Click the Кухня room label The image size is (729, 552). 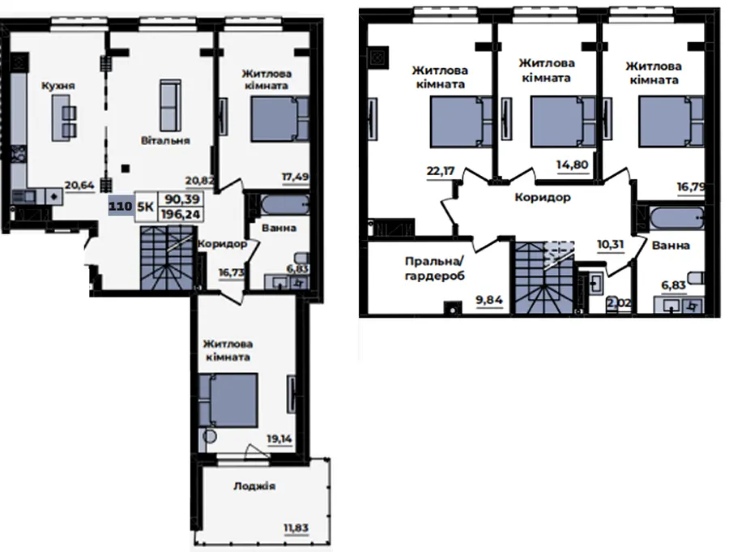[x=58, y=86]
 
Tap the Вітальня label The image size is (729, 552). [x=165, y=140]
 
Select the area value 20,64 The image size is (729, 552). [x=79, y=186]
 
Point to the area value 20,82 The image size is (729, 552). [x=199, y=181]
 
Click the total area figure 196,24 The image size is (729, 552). [x=181, y=214]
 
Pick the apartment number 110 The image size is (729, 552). [x=121, y=206]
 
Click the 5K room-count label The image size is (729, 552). [x=145, y=206]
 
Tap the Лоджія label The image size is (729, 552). [x=254, y=486]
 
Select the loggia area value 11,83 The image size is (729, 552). [x=296, y=528]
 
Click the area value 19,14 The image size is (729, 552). [x=279, y=439]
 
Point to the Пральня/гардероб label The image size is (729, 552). [x=435, y=268]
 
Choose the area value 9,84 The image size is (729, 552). [x=489, y=300]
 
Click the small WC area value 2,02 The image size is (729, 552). [x=620, y=303]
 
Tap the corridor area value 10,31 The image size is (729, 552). [x=611, y=244]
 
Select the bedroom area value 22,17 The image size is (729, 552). [x=441, y=171]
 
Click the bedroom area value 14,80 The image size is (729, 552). [x=573, y=165]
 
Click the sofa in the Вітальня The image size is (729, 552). [x=170, y=105]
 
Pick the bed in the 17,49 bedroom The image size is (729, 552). [x=280, y=118]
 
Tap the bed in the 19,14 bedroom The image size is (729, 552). [x=228, y=400]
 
